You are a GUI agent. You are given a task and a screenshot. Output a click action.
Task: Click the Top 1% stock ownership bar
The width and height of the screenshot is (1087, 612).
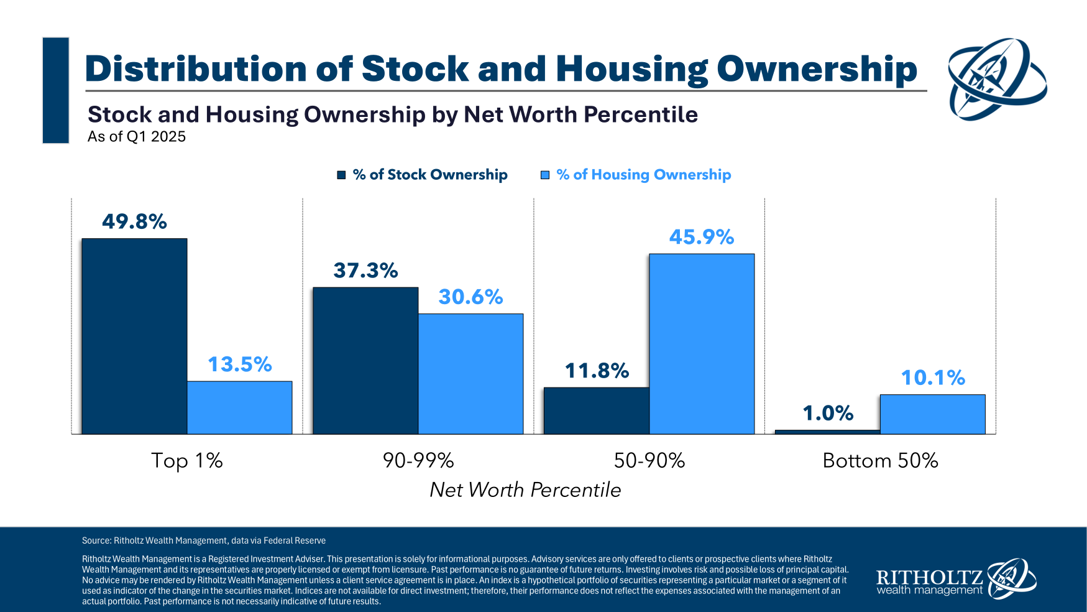point(134,336)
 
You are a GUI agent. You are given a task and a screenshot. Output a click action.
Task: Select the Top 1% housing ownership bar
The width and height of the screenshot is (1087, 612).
point(239,407)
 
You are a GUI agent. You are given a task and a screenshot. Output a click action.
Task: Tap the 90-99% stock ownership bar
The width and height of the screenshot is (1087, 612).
point(365,360)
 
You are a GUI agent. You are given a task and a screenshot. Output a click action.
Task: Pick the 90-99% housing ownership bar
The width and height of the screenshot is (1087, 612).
point(470,373)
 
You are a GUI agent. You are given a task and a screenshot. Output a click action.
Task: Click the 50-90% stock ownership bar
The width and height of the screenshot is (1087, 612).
point(596,410)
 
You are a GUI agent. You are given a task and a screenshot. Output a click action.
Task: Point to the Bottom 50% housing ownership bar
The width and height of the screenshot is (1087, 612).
point(932,414)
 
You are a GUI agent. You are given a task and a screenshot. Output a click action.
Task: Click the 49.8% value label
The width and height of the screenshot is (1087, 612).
point(134,221)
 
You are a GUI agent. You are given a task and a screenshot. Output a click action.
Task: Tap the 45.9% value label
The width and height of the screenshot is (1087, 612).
point(702,237)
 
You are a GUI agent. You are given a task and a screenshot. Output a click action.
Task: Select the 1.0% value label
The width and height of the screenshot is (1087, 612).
point(828,413)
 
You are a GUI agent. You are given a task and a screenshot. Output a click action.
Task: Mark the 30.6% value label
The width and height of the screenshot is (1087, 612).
point(470,297)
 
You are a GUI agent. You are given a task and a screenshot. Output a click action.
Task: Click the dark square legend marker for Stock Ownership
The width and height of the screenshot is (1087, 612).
point(341,175)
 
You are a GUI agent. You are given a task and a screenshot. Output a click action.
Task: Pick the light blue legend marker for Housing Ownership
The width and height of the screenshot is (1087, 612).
point(545,175)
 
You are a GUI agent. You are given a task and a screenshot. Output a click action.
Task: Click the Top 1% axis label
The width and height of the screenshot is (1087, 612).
point(187,460)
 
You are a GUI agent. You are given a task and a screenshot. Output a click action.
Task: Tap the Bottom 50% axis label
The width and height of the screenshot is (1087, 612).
point(880,460)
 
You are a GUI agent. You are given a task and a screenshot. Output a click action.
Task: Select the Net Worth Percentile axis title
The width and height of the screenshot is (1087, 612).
point(525,489)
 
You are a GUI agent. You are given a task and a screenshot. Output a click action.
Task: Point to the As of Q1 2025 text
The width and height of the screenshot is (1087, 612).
point(137,137)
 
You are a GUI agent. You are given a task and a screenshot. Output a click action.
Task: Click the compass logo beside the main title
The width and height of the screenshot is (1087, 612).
point(997,79)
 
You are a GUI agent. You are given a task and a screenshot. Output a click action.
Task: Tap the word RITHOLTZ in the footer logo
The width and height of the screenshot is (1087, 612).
point(929,577)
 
